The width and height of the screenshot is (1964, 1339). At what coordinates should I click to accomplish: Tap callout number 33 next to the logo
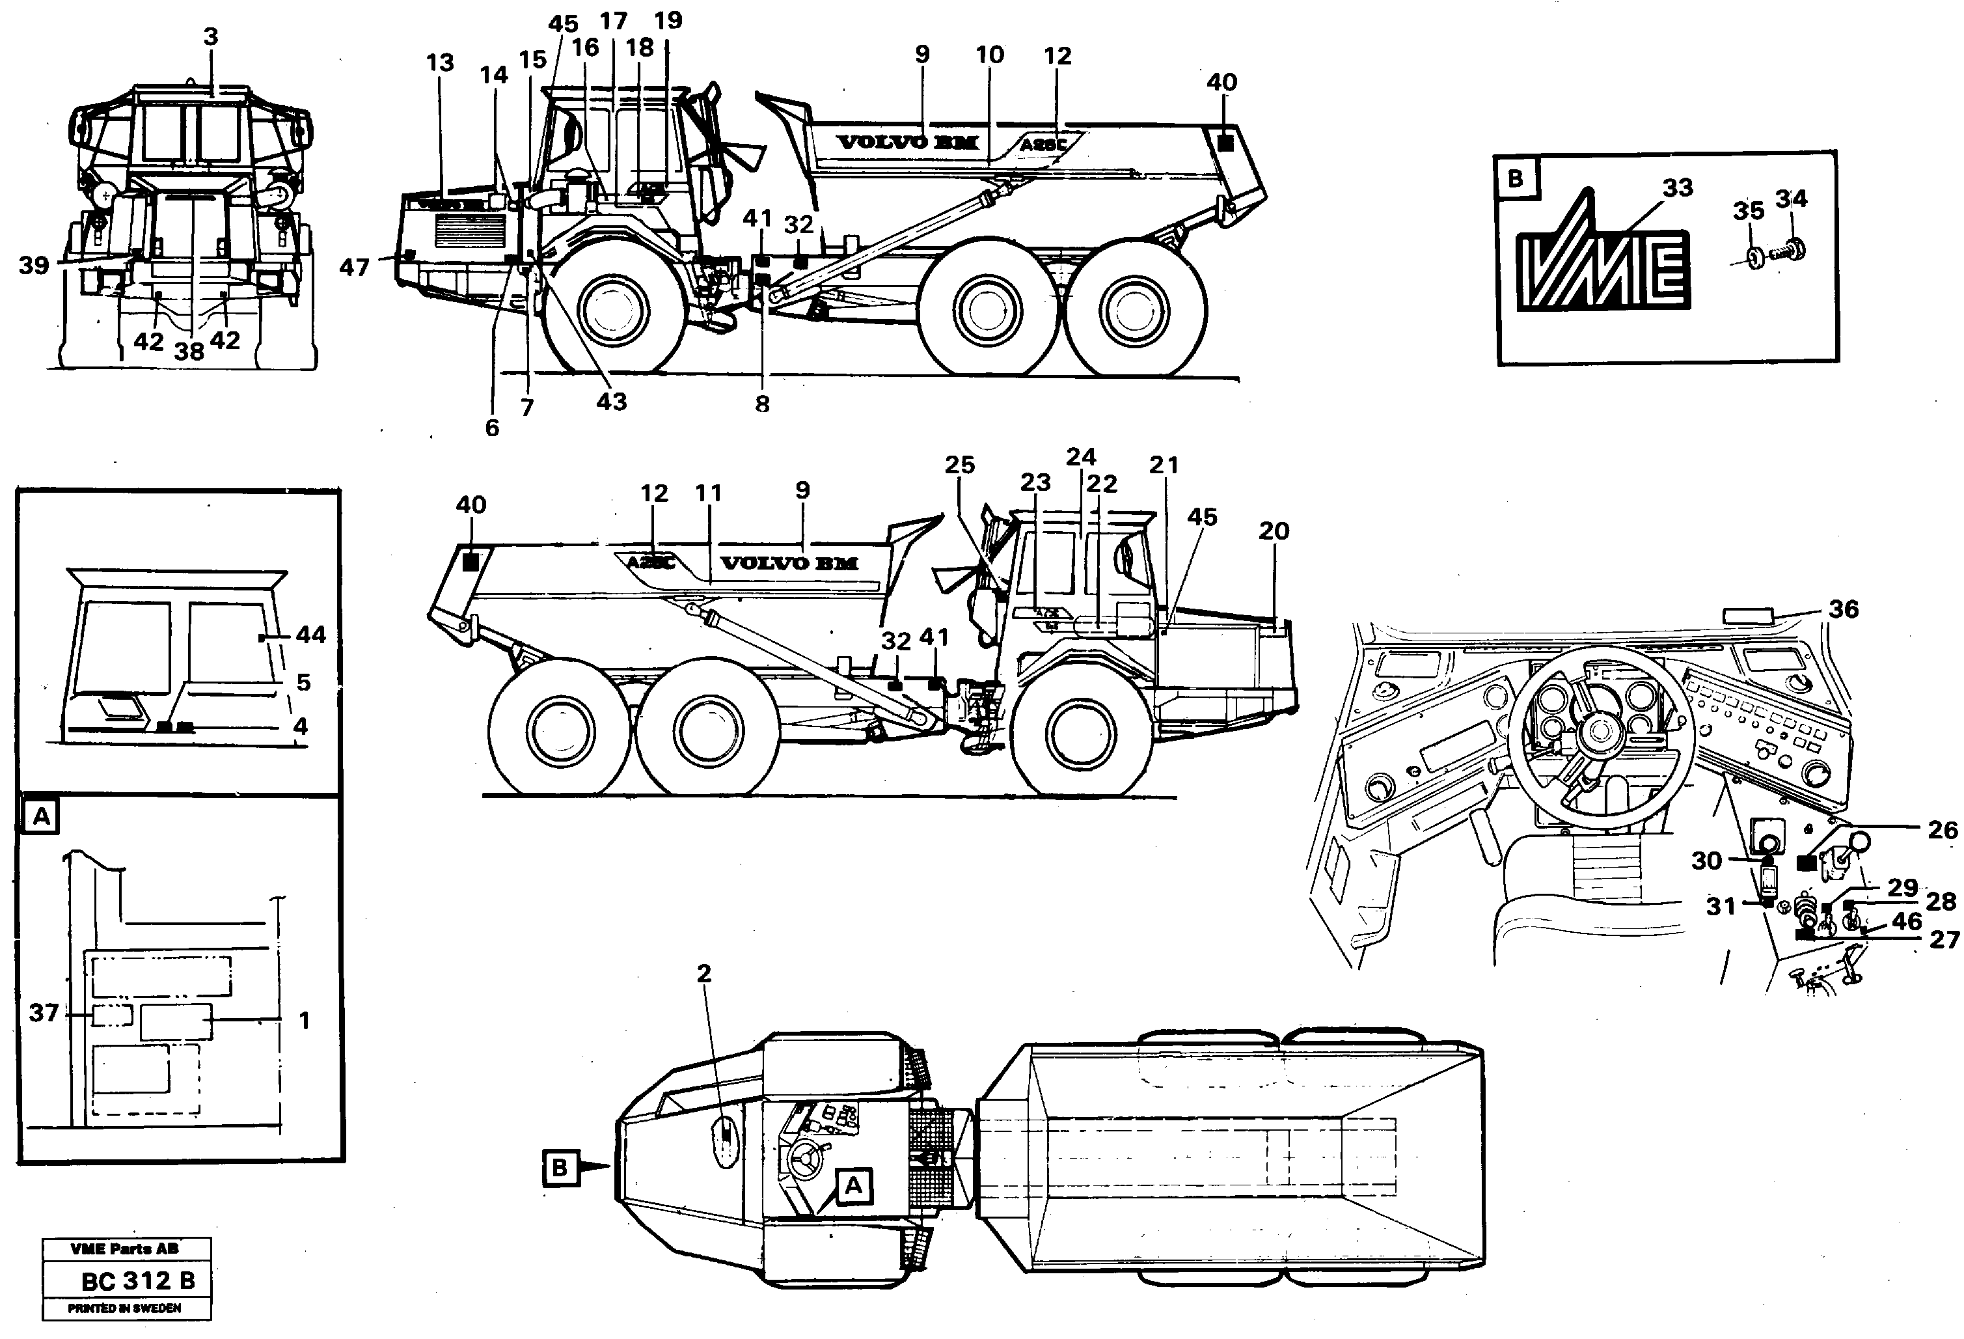click(1678, 187)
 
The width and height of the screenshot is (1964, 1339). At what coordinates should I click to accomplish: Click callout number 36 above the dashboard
click(1844, 609)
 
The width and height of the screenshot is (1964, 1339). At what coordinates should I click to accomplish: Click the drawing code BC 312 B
click(138, 1282)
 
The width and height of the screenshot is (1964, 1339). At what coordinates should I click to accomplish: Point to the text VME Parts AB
click(124, 1249)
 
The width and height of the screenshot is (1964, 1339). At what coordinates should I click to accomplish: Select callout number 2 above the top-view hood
click(704, 974)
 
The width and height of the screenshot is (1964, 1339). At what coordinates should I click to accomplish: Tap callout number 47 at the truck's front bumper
click(354, 268)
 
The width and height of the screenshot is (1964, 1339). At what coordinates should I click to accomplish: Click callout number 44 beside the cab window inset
click(311, 635)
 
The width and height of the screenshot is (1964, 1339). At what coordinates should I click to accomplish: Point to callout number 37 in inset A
click(44, 1013)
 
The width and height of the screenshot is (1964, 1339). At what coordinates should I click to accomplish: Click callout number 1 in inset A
click(305, 1021)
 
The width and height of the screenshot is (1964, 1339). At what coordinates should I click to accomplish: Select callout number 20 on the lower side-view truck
click(1274, 531)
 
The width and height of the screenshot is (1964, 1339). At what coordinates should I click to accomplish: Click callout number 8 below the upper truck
click(762, 404)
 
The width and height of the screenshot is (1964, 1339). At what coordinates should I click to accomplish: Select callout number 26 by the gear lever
click(1942, 830)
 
